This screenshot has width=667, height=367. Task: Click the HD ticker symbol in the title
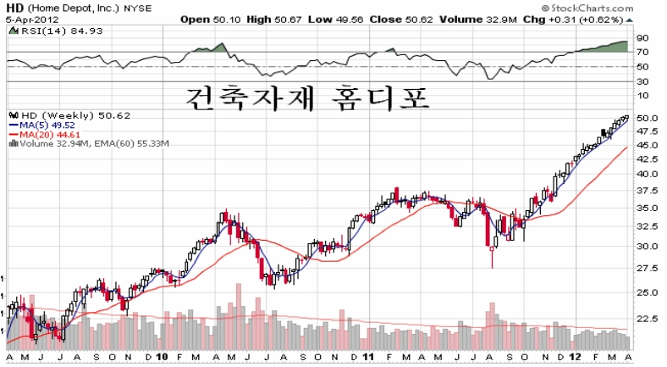(14, 8)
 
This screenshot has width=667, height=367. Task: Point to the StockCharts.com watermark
(587, 8)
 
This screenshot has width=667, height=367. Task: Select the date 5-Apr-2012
(32, 19)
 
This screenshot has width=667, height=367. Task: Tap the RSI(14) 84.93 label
(56, 31)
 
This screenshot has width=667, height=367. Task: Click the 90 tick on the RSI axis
(642, 38)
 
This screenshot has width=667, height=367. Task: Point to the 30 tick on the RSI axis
(642, 81)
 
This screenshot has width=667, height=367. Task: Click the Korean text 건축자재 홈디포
(307, 98)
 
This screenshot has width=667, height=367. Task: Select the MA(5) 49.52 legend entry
(42, 125)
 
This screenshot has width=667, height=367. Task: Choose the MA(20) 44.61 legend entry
(44, 135)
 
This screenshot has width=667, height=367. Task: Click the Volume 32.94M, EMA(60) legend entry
(89, 143)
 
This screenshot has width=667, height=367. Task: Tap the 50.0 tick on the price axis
(646, 118)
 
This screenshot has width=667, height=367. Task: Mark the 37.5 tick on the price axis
(646, 191)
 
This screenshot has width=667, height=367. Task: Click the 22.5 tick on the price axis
(646, 319)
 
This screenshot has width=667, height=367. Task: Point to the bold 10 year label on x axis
(162, 357)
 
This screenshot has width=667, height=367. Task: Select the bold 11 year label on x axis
(368, 357)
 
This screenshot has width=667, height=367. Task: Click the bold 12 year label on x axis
(575, 357)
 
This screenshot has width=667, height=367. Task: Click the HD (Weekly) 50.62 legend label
(70, 115)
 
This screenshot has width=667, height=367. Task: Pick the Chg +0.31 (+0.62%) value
(573, 19)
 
